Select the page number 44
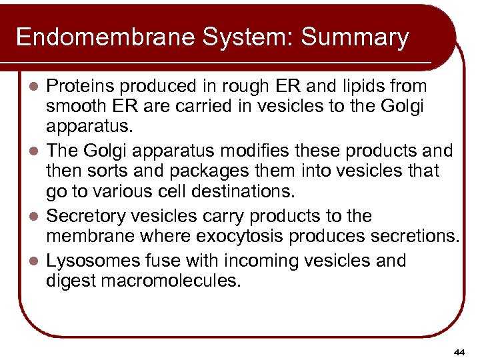(458, 351)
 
